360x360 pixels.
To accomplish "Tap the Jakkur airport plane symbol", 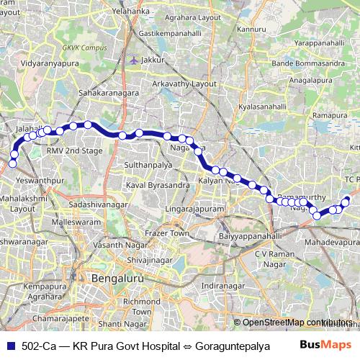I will click(133, 60).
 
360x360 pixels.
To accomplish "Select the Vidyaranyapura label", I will click(51, 64).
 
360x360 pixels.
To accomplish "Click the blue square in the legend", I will click(11, 346).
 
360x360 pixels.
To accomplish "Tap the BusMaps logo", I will click(331, 346).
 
